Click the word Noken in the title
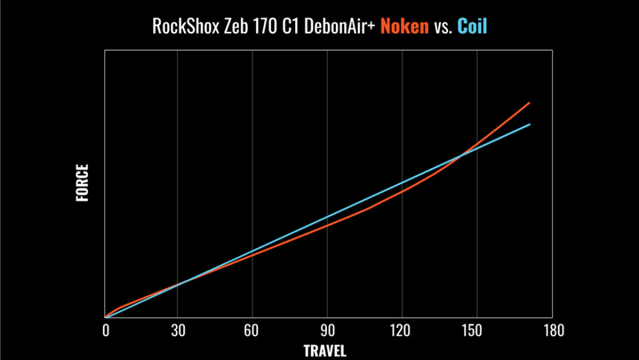tap(404, 27)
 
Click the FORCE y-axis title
tap(82, 184)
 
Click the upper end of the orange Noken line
tap(529, 102)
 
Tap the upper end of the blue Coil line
tap(530, 124)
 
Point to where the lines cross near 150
tap(461, 155)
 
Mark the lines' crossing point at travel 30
tap(179, 284)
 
